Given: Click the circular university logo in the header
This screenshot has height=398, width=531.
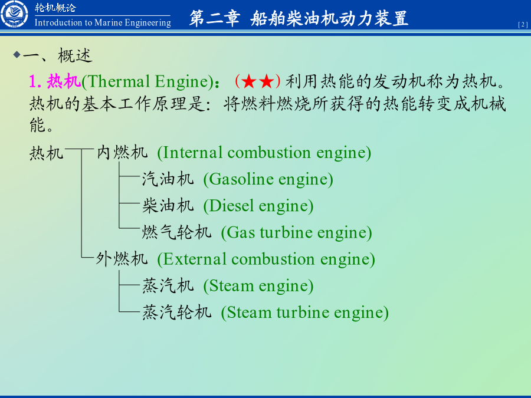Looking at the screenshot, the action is [x=14, y=14].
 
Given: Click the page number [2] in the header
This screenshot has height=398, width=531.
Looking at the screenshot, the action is [x=523, y=25].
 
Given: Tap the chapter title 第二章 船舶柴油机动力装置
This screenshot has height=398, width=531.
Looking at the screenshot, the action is [x=299, y=18].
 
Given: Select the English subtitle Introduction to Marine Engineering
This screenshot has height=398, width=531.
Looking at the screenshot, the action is [x=103, y=22].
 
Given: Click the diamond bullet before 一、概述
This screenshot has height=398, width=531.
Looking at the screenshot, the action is [x=17, y=54].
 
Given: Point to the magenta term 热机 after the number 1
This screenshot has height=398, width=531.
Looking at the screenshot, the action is [x=64, y=81].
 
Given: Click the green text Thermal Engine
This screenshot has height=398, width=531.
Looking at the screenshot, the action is [x=147, y=81].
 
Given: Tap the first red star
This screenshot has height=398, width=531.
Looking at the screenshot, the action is [x=249, y=81].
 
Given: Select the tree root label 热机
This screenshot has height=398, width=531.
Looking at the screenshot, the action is [x=47, y=153].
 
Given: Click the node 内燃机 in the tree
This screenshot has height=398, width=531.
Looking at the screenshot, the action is [x=122, y=152].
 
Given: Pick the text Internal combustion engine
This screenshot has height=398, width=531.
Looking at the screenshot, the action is [x=264, y=153].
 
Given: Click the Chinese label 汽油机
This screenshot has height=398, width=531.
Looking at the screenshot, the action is [x=168, y=179].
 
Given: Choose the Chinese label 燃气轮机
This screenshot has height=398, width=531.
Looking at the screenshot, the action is [x=177, y=232].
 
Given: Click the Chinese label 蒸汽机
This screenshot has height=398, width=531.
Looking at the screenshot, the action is [x=168, y=285].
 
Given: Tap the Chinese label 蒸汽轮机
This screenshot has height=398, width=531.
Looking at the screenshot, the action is [x=177, y=312].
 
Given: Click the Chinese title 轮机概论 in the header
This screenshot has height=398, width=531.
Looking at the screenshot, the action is [x=55, y=8].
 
